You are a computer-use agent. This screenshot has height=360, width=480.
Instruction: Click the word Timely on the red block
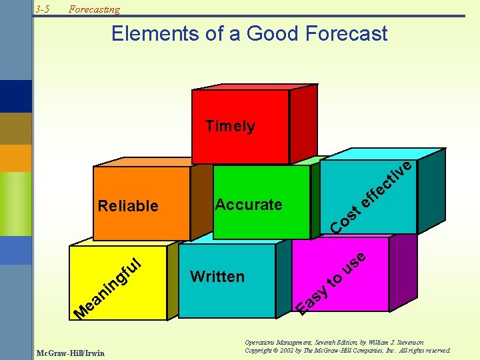click(x=230, y=126)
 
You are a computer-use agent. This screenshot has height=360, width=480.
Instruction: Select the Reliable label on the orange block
click(x=128, y=206)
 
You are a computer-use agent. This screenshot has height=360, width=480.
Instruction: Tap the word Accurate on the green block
click(x=248, y=205)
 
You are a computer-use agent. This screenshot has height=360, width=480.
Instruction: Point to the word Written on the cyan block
click(x=217, y=277)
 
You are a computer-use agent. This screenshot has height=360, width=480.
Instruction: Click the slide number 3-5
click(x=44, y=9)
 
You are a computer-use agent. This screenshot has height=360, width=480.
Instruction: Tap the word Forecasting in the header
click(x=95, y=9)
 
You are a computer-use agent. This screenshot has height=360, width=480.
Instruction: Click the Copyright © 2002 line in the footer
click(x=347, y=351)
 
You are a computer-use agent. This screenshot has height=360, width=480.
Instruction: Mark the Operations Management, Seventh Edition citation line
click(x=334, y=342)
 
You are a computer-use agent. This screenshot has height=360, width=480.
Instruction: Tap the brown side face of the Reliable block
click(x=200, y=200)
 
